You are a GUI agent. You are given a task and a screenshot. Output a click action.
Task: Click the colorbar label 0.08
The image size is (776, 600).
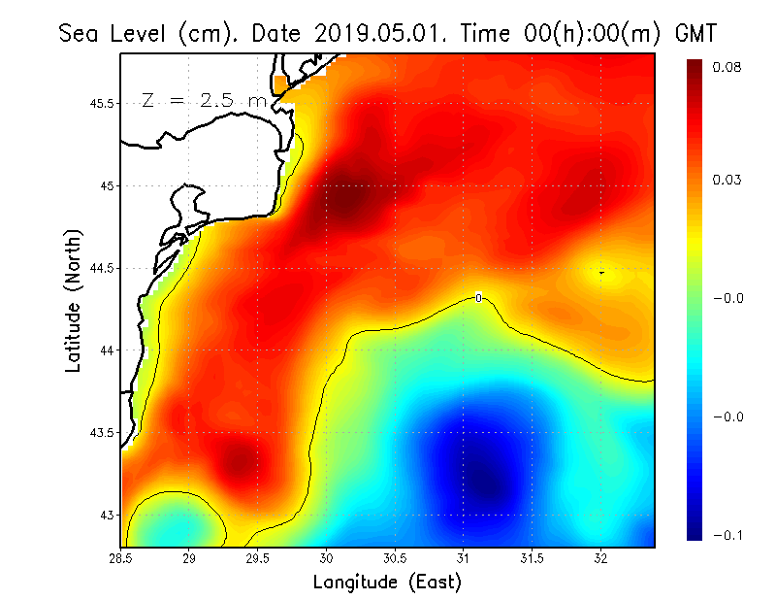tap(728, 67)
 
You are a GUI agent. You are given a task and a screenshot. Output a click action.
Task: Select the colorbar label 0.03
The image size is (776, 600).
tap(728, 181)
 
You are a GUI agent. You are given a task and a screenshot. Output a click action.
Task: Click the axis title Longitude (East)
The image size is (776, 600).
tap(387, 583)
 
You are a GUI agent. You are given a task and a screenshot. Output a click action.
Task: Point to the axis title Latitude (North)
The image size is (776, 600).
tap(73, 300)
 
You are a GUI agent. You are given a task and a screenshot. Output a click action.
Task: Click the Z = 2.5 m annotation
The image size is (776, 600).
tap(203, 101)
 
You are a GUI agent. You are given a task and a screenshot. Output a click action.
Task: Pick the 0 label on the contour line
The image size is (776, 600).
tap(478, 297)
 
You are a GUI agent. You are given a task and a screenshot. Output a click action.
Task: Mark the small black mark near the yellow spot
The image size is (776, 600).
tap(601, 273)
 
